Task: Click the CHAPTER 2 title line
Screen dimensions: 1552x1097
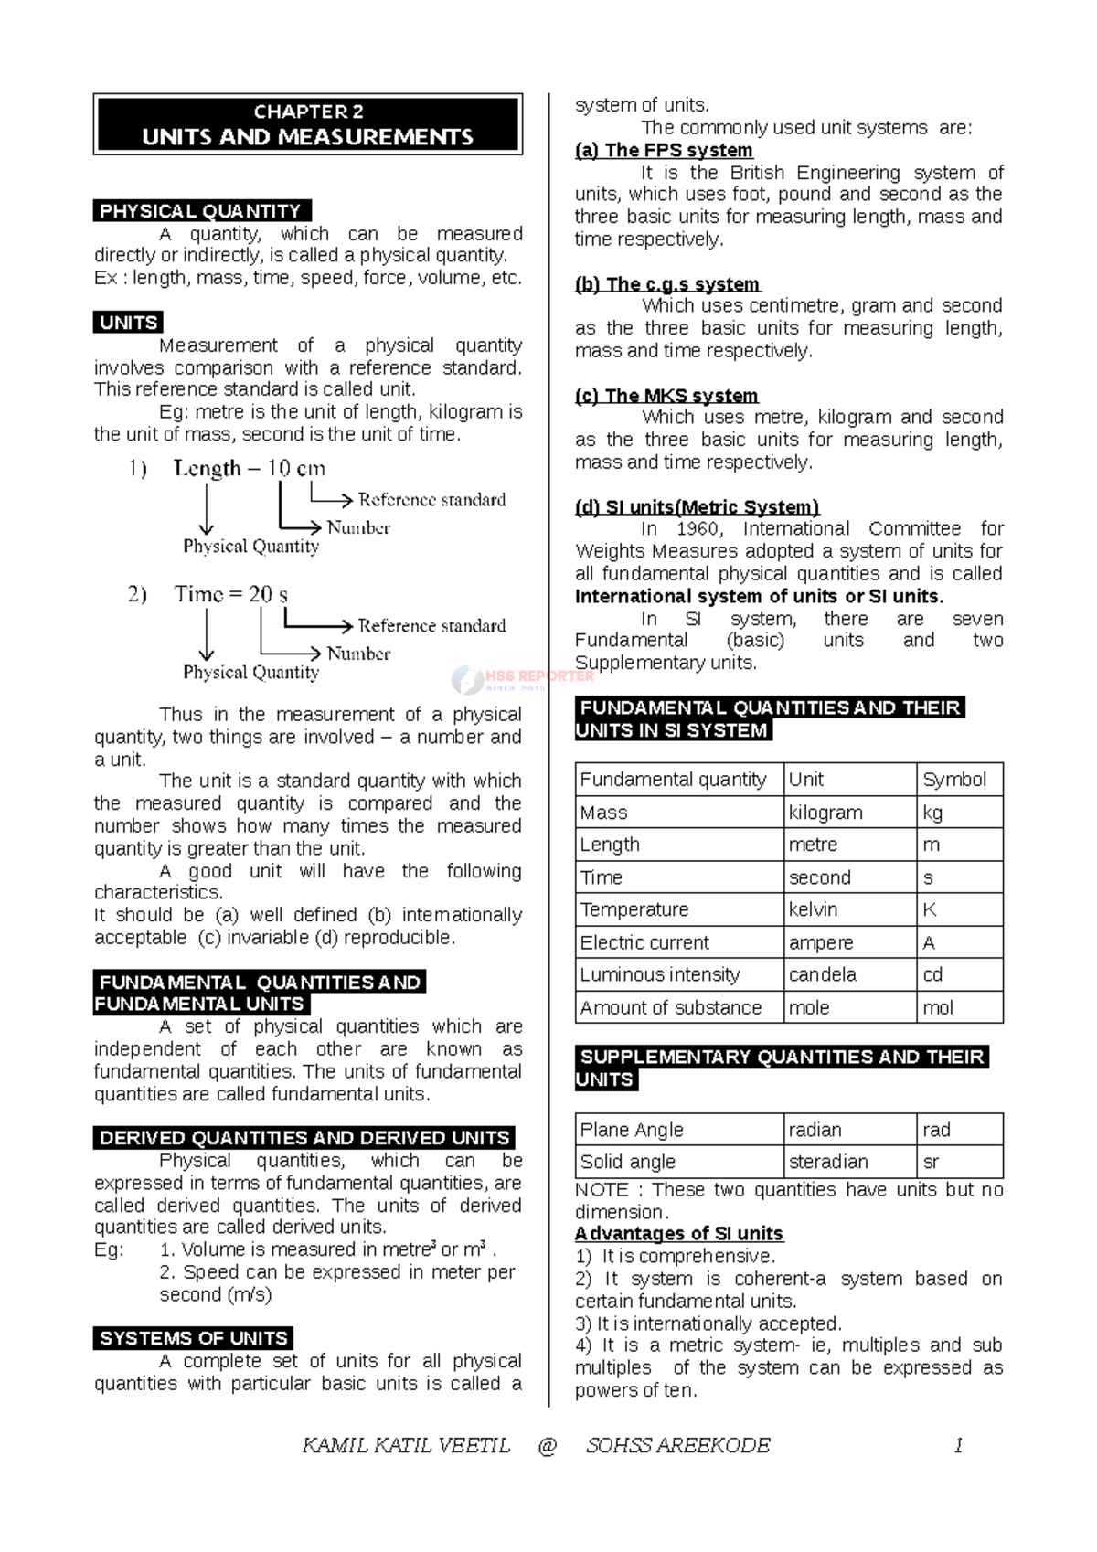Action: pyautogui.click(x=308, y=112)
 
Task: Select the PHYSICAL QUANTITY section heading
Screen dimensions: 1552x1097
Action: pyautogui.click(x=201, y=211)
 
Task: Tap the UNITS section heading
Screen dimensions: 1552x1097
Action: pyautogui.click(x=128, y=323)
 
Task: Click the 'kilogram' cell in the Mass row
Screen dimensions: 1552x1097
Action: pyautogui.click(x=825, y=813)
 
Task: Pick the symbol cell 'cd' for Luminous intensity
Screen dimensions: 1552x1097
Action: pyautogui.click(x=932, y=974)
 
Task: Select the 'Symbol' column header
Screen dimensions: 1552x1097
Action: pyautogui.click(x=953, y=780)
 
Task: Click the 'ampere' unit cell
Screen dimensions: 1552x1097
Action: pyautogui.click(x=820, y=942)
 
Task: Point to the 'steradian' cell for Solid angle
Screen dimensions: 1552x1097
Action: pyautogui.click(x=827, y=1162)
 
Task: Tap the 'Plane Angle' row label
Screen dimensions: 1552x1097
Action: pyautogui.click(x=632, y=1130)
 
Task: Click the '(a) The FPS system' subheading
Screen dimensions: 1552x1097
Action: pyautogui.click(x=664, y=151)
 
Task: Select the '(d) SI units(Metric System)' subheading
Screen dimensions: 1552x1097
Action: pyautogui.click(x=697, y=507)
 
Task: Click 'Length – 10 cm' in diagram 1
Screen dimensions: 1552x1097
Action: pyautogui.click(x=249, y=469)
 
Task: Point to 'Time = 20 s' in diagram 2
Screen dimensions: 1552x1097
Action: pyautogui.click(x=230, y=595)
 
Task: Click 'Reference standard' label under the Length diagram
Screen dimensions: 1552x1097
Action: pyautogui.click(x=431, y=500)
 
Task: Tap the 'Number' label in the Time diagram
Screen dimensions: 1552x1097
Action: pyautogui.click(x=358, y=654)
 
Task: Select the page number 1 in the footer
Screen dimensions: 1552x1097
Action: pyautogui.click(x=958, y=1445)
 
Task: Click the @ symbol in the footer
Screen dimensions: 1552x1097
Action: pyautogui.click(x=548, y=1445)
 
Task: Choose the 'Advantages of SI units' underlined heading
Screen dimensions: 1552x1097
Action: pyautogui.click(x=678, y=1234)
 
